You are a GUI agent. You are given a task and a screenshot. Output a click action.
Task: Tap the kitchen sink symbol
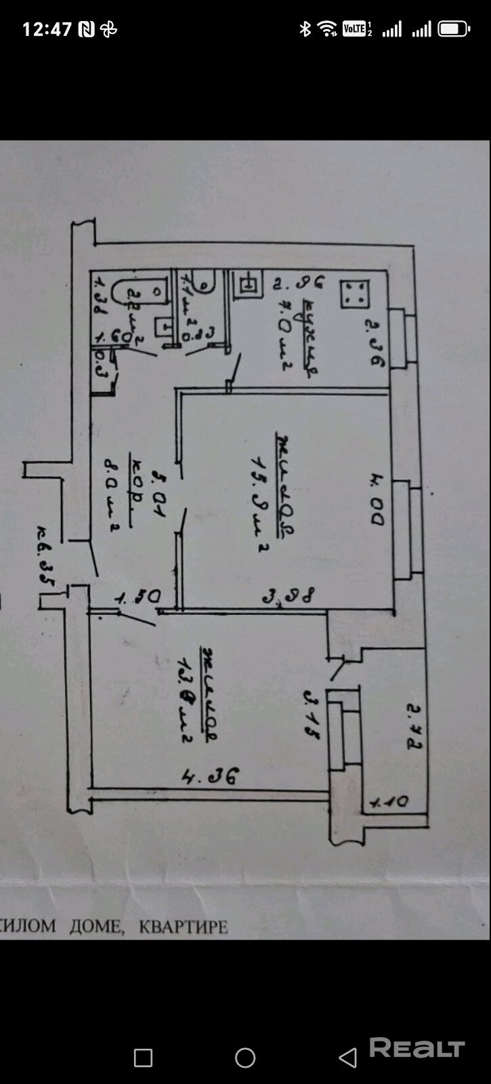pyautogui.click(x=247, y=285)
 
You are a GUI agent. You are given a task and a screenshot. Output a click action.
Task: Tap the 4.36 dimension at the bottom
pyautogui.click(x=211, y=777)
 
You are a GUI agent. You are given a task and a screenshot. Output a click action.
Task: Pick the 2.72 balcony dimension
pyautogui.click(x=412, y=727)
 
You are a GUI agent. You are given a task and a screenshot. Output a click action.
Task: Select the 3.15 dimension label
pyautogui.click(x=312, y=715)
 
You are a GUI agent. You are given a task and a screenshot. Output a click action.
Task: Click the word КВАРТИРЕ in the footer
pyautogui.click(x=183, y=926)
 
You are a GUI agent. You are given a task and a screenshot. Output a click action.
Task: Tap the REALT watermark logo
pyautogui.click(x=417, y=1048)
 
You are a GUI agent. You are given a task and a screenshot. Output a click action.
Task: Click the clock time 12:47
pyautogui.click(x=47, y=29)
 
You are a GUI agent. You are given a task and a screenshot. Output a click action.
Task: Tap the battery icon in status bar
pyautogui.click(x=453, y=29)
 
